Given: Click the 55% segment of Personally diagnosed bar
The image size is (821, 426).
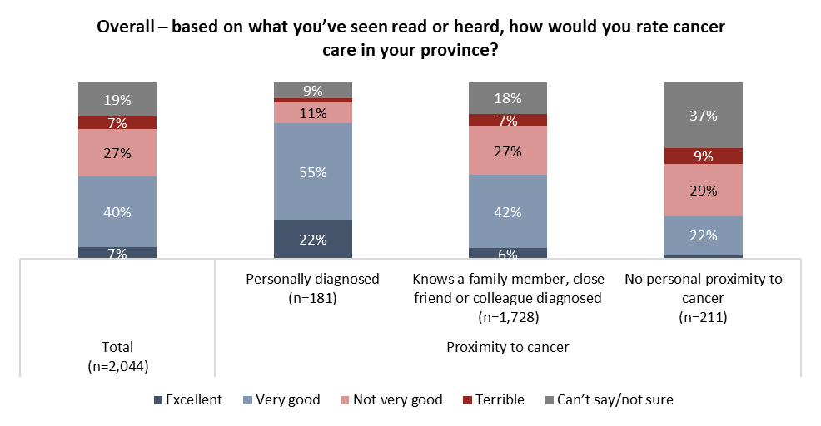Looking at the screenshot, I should (313, 171).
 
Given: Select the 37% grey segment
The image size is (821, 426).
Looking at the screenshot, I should (703, 116).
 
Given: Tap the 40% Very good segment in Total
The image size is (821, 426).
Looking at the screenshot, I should (117, 211).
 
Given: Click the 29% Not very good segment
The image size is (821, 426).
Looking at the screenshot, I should (703, 190).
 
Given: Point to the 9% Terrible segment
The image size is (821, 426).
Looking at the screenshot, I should (703, 156).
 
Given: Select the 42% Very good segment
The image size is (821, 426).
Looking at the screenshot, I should (508, 211).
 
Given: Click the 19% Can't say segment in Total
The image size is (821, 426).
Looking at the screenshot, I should (117, 99).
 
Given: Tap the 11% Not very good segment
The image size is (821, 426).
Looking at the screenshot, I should (313, 112).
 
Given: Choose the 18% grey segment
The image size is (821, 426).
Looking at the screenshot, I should (508, 98).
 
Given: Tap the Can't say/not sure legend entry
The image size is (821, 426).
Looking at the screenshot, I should (609, 399).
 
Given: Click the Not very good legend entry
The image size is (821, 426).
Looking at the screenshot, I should (389, 399).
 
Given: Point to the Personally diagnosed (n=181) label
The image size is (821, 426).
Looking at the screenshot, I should (313, 288).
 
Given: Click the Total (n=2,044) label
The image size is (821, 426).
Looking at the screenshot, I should (117, 355).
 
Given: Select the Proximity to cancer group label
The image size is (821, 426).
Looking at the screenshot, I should (508, 347).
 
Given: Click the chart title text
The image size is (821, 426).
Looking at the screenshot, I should (410, 38).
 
